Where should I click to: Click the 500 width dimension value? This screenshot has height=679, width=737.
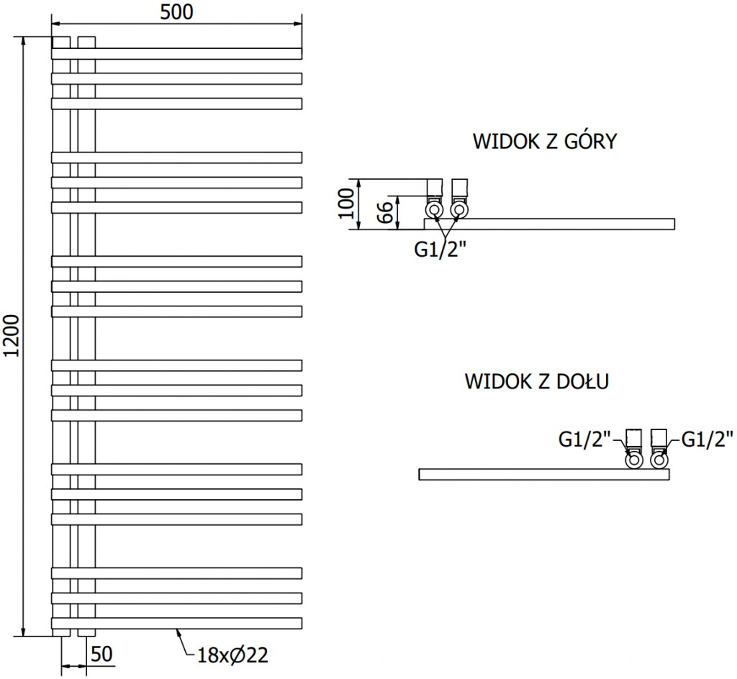[176, 12]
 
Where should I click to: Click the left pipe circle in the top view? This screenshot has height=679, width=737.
[435, 209]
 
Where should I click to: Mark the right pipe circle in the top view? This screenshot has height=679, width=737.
[459, 209]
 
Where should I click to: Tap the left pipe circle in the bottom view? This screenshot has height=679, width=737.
[634, 460]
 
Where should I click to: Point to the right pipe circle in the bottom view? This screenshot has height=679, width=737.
[659, 460]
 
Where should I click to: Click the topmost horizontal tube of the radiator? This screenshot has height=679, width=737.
[176, 53]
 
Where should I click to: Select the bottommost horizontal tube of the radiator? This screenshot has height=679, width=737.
[176, 623]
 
